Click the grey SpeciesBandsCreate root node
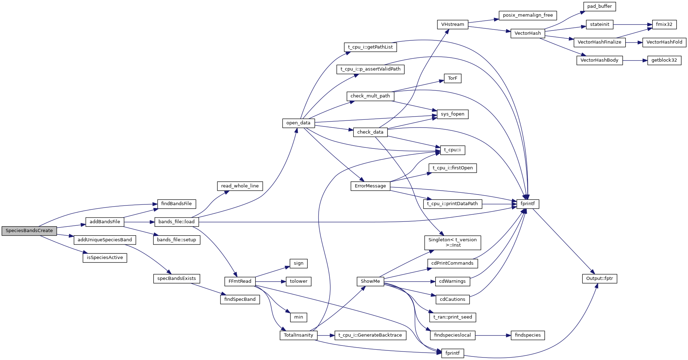click(x=29, y=231)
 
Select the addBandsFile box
click(x=105, y=222)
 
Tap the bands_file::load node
click(x=176, y=222)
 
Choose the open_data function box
click(x=298, y=123)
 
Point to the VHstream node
click(x=452, y=24)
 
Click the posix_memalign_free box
click(x=527, y=15)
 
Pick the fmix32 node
click(x=664, y=24)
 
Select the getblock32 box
click(x=664, y=60)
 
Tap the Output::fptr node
click(x=599, y=279)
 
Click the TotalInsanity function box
click(x=298, y=335)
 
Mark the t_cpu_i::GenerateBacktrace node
click(x=370, y=335)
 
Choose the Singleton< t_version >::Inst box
click(x=452, y=242)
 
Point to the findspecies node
click(x=527, y=335)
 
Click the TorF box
click(x=452, y=78)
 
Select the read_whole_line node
click(x=240, y=186)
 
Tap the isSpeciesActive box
click(x=105, y=258)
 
